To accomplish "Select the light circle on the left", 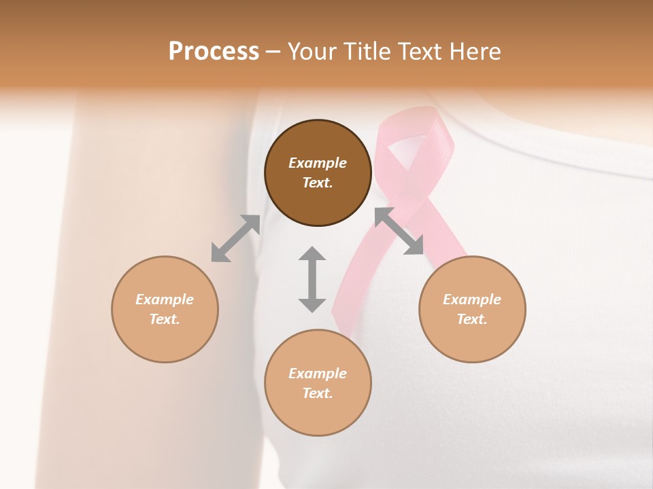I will click(165, 309).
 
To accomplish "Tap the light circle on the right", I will click(472, 309).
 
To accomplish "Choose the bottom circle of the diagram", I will click(318, 382).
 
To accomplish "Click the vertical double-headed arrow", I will click(312, 279).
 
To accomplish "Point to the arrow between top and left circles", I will click(235, 238).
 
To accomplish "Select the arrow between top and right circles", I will click(399, 231).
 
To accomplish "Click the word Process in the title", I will click(214, 51).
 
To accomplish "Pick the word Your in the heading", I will click(313, 51).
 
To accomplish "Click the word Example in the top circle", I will click(318, 163).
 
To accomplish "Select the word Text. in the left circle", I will click(165, 319).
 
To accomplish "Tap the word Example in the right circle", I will click(472, 300).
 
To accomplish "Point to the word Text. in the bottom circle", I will click(318, 393).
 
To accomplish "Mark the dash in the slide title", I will click(273, 52).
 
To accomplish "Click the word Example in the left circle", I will click(165, 300).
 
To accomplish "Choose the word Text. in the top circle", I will click(318, 183).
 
